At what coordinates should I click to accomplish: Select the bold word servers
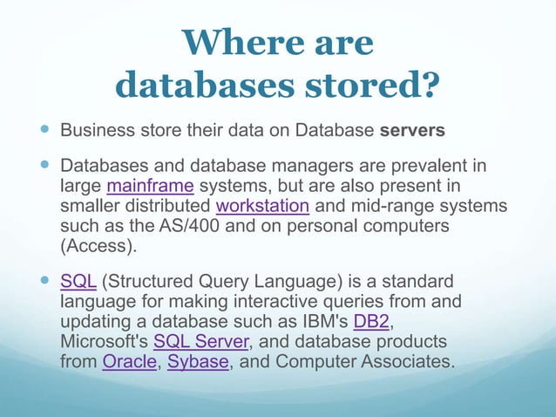(x=413, y=131)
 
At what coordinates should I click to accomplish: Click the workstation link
(x=262, y=207)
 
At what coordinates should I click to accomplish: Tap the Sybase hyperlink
(x=198, y=361)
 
